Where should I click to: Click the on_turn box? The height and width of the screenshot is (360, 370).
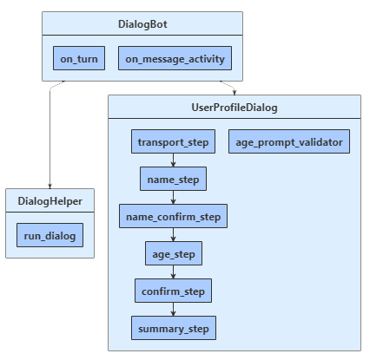[x=78, y=58]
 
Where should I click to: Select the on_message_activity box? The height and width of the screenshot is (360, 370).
[x=175, y=58]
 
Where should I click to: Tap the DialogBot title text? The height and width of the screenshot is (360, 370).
[x=142, y=23]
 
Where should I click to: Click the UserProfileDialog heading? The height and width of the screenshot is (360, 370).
[x=234, y=107]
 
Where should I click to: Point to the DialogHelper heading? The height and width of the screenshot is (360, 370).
[x=50, y=201]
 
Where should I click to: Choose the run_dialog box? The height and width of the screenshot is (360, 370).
[x=50, y=235]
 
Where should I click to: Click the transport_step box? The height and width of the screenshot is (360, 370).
[x=173, y=141]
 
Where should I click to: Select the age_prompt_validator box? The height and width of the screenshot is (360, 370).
[x=289, y=141]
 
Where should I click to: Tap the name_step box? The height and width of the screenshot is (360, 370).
[x=173, y=179]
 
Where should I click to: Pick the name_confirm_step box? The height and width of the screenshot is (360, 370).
[x=173, y=216]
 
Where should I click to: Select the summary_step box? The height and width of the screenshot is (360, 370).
[x=173, y=328]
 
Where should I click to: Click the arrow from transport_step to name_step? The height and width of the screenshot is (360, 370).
[x=173, y=160]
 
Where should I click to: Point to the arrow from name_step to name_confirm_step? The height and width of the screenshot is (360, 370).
[x=173, y=198]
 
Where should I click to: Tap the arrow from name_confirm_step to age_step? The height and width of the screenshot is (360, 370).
[x=173, y=235]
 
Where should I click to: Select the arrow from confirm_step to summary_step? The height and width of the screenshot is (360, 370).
[x=173, y=309]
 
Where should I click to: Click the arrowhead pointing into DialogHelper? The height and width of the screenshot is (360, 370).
[x=50, y=184]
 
